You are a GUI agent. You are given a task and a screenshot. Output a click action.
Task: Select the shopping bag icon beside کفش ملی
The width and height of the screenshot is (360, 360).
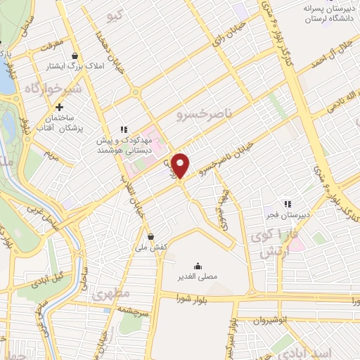click(151, 236)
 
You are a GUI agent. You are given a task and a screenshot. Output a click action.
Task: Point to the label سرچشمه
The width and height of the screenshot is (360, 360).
click(131, 309)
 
